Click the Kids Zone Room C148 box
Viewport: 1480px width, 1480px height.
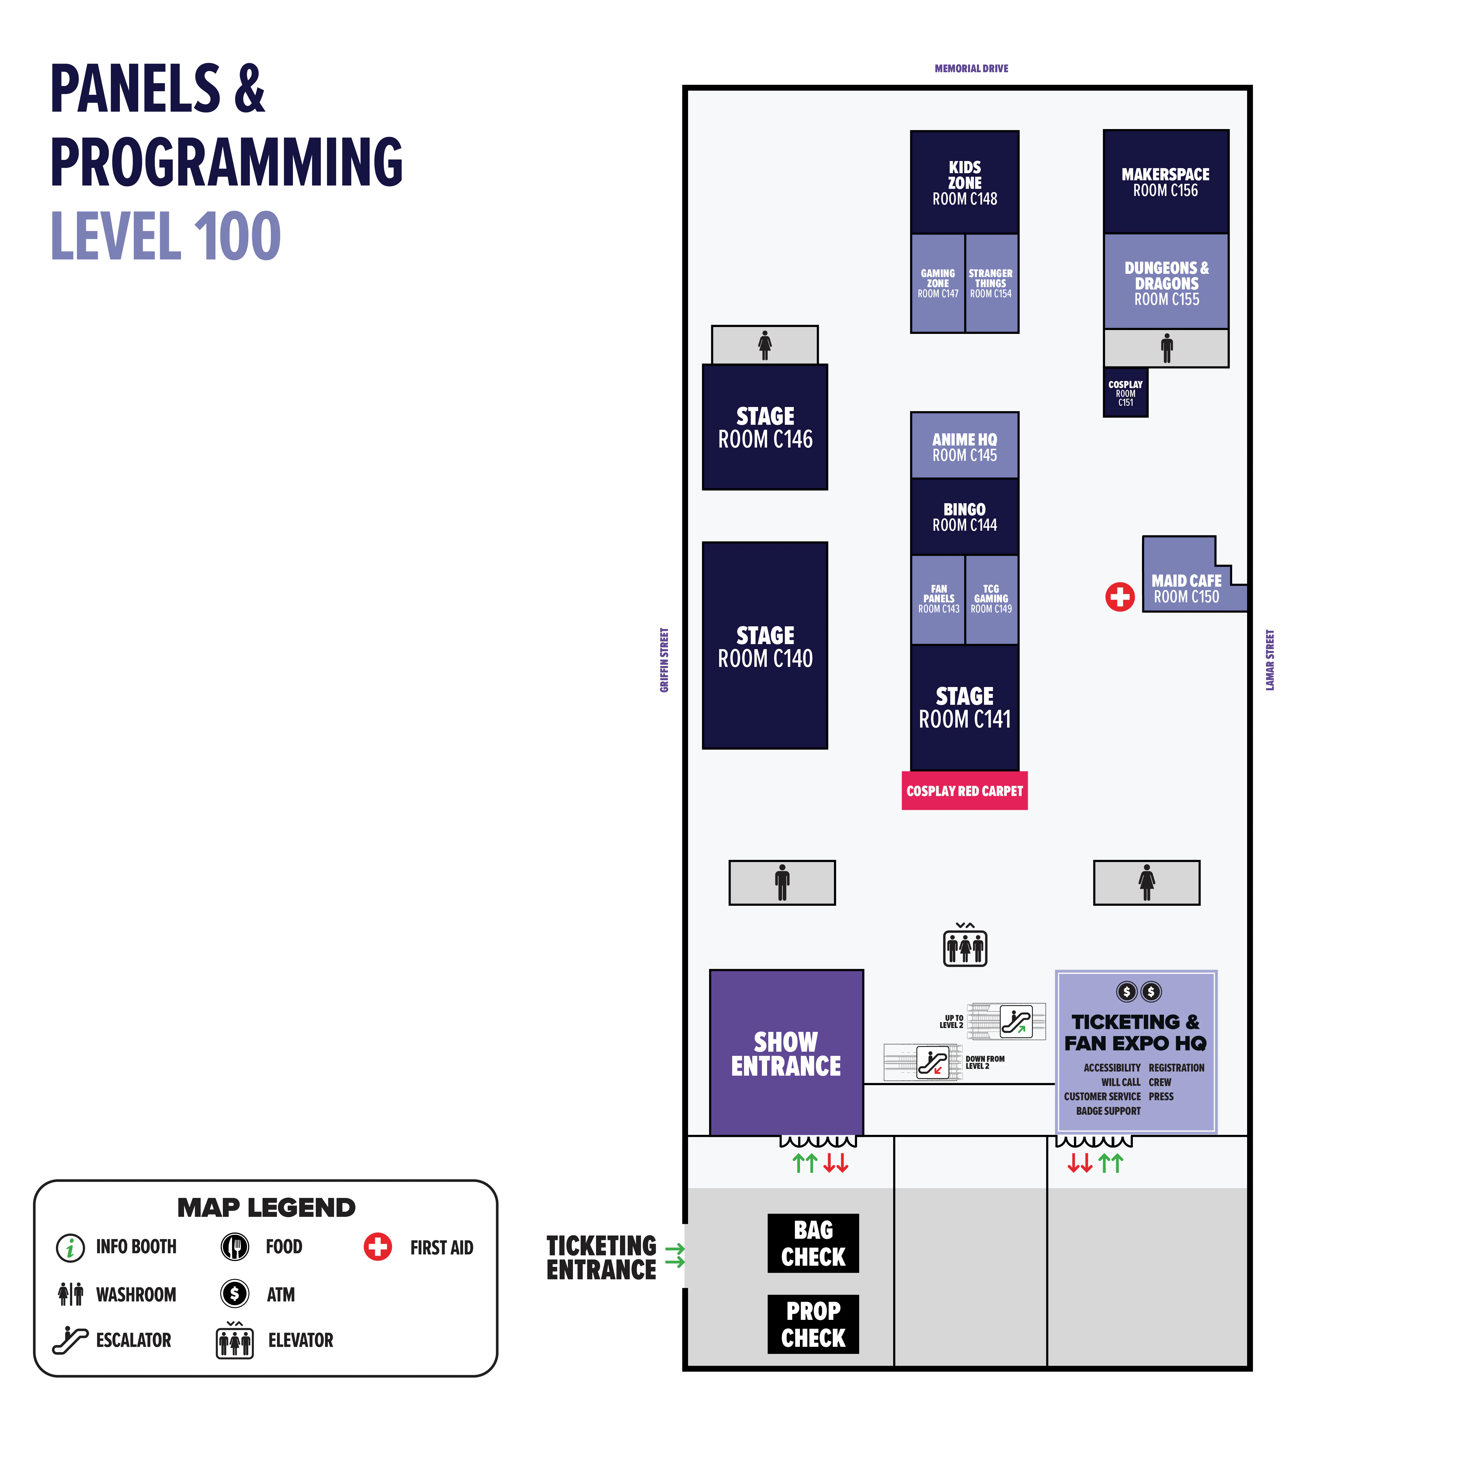964,182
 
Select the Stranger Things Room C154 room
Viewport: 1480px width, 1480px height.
991,284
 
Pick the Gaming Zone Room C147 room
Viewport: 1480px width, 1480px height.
938,284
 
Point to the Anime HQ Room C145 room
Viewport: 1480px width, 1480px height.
964,446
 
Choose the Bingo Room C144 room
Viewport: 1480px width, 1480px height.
964,517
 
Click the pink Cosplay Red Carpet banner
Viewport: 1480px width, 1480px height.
964,791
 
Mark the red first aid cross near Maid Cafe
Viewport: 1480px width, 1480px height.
1120,597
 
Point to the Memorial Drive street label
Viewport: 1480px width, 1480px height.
971,68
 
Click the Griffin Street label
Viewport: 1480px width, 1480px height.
664,660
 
